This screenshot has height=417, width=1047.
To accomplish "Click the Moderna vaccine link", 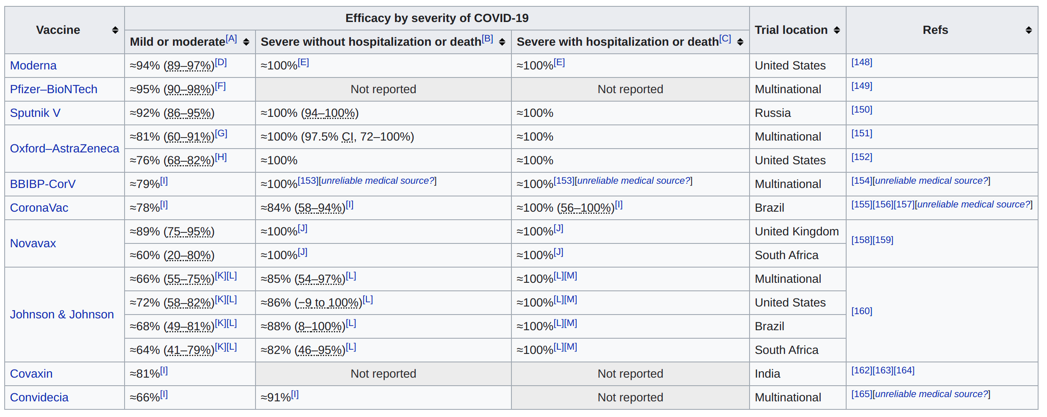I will click(33, 66).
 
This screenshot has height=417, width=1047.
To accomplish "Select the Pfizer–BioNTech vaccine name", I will click(53, 89).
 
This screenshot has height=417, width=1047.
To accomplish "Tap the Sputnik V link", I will click(35, 113).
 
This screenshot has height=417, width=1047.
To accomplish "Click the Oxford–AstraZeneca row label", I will click(64, 149).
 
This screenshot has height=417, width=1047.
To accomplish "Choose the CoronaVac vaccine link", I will click(39, 208).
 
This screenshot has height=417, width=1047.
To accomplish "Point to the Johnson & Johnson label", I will click(62, 315).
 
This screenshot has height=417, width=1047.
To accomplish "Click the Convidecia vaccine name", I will click(39, 398).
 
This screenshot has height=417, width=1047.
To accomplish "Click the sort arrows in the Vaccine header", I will click(115, 30).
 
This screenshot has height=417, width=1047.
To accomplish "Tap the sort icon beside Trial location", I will click(836, 30).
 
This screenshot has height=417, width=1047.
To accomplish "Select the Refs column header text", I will click(935, 30).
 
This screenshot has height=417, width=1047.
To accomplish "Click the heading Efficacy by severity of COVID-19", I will click(436, 18).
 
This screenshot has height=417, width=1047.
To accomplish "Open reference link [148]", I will click(861, 62).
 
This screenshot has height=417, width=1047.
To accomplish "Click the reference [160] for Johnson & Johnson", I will click(861, 311).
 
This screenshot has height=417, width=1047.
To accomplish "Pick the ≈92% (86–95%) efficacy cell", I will click(172, 113).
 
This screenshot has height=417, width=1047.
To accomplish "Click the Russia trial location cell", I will click(772, 113).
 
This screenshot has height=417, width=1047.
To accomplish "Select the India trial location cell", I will click(767, 374).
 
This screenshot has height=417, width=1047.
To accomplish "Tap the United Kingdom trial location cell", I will click(797, 232).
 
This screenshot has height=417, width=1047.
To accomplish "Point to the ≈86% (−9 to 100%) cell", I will click(311, 303).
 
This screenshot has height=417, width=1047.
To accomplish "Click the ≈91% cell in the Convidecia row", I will click(276, 398).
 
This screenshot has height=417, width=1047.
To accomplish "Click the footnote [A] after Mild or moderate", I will click(231, 39).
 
